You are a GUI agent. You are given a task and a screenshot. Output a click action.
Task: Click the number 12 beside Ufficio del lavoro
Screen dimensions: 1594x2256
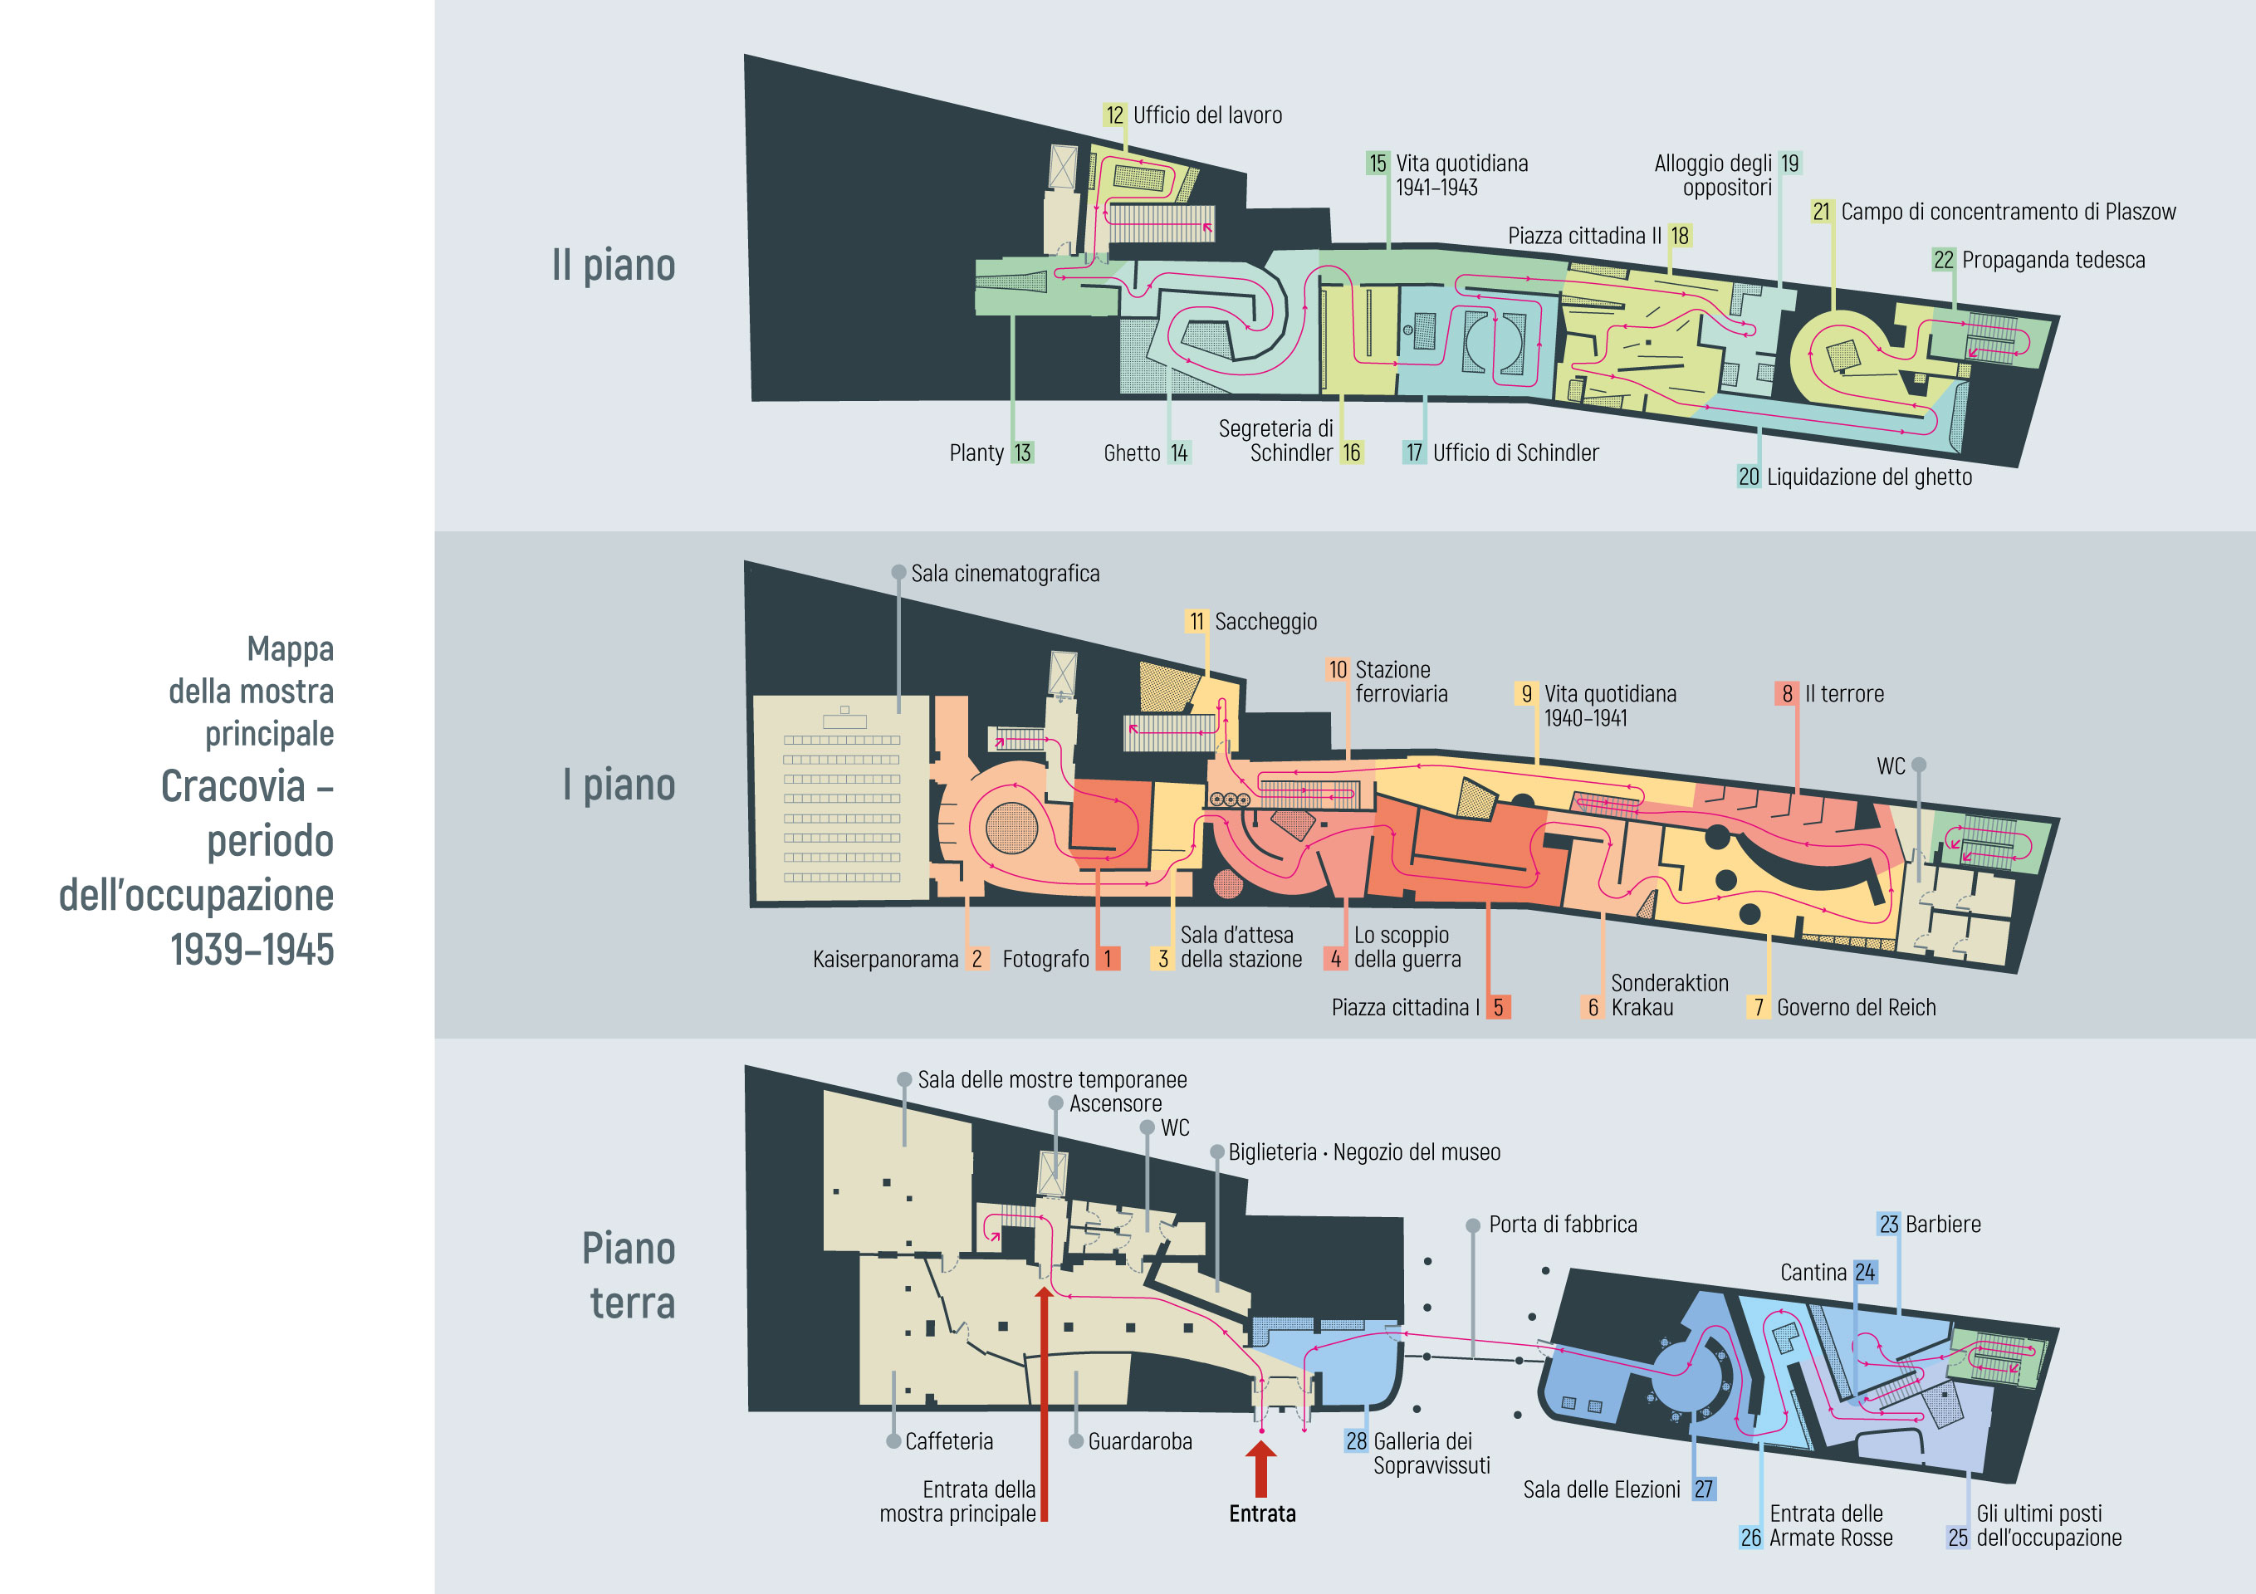[x=1114, y=115]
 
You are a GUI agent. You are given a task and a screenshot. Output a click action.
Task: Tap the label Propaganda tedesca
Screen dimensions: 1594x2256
[x=2053, y=261]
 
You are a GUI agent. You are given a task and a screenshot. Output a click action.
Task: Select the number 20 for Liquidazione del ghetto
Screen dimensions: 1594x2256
[x=1748, y=477]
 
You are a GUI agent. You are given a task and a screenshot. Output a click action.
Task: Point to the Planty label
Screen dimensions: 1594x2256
[x=976, y=453]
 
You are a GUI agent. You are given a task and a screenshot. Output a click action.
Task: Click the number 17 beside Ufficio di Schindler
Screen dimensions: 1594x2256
[x=1414, y=453]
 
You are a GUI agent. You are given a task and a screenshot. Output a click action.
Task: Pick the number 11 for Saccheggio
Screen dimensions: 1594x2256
[x=1196, y=622]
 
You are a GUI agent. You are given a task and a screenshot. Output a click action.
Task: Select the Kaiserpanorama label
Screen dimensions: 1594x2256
[x=884, y=959]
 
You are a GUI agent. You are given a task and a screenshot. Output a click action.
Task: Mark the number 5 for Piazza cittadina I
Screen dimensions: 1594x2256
[x=1497, y=1007]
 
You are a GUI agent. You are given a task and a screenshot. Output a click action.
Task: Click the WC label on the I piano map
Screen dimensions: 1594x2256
[x=1891, y=766]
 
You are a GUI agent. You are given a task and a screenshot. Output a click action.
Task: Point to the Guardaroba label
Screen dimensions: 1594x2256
[x=1139, y=1442]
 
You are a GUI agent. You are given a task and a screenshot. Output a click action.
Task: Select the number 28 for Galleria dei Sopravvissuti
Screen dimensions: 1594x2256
[x=1356, y=1442]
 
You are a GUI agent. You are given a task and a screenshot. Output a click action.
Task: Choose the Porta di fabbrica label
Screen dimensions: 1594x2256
[x=1563, y=1225]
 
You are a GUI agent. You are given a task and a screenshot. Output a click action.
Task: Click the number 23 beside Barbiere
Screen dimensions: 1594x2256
[x=1888, y=1225]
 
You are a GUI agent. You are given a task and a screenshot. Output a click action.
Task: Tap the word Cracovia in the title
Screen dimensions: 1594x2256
[x=232, y=786]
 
